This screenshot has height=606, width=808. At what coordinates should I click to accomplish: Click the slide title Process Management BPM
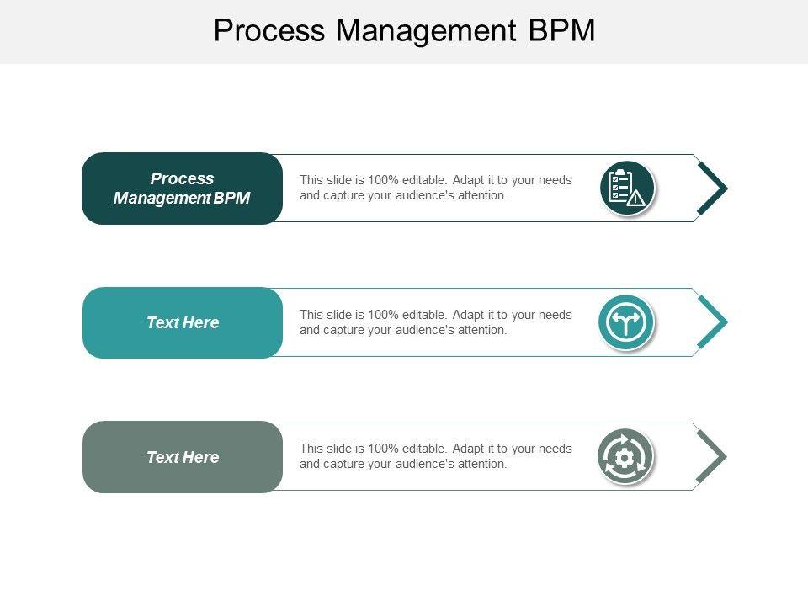point(404,30)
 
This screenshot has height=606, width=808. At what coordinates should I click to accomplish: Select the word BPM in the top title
point(562,30)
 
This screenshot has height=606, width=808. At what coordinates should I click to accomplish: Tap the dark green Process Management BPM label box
point(182,189)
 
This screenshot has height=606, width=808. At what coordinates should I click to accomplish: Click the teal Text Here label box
point(182,322)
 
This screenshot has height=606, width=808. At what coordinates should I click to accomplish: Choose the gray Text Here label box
point(182,457)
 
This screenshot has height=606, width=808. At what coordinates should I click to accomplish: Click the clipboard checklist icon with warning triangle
point(627,188)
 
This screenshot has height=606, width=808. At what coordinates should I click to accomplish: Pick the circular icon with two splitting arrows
point(626,322)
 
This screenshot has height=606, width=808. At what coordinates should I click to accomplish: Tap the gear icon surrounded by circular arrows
point(625,457)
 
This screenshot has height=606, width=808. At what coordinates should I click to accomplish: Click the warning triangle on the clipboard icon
point(636,199)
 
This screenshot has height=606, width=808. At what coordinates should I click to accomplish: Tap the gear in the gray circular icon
point(625,457)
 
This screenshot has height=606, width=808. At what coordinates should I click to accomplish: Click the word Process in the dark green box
point(182,178)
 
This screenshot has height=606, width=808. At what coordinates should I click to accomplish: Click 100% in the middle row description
point(384,315)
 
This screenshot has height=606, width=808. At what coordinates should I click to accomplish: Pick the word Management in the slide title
point(426,30)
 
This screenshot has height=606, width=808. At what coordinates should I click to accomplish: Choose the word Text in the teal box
point(162,322)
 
